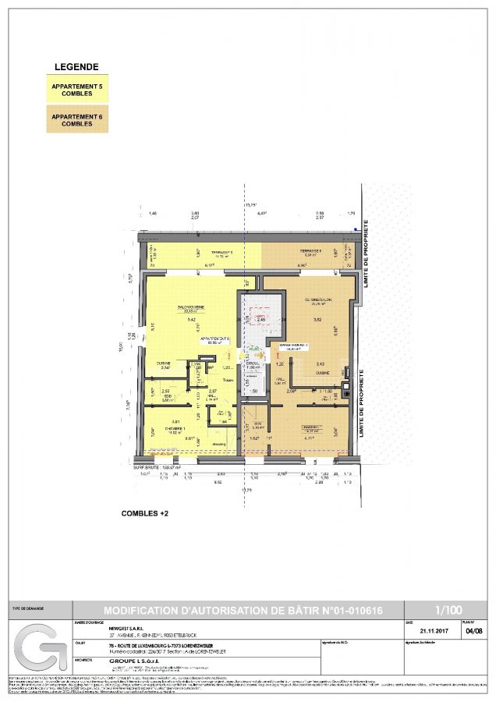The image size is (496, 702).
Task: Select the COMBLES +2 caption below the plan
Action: click(x=149, y=514)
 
